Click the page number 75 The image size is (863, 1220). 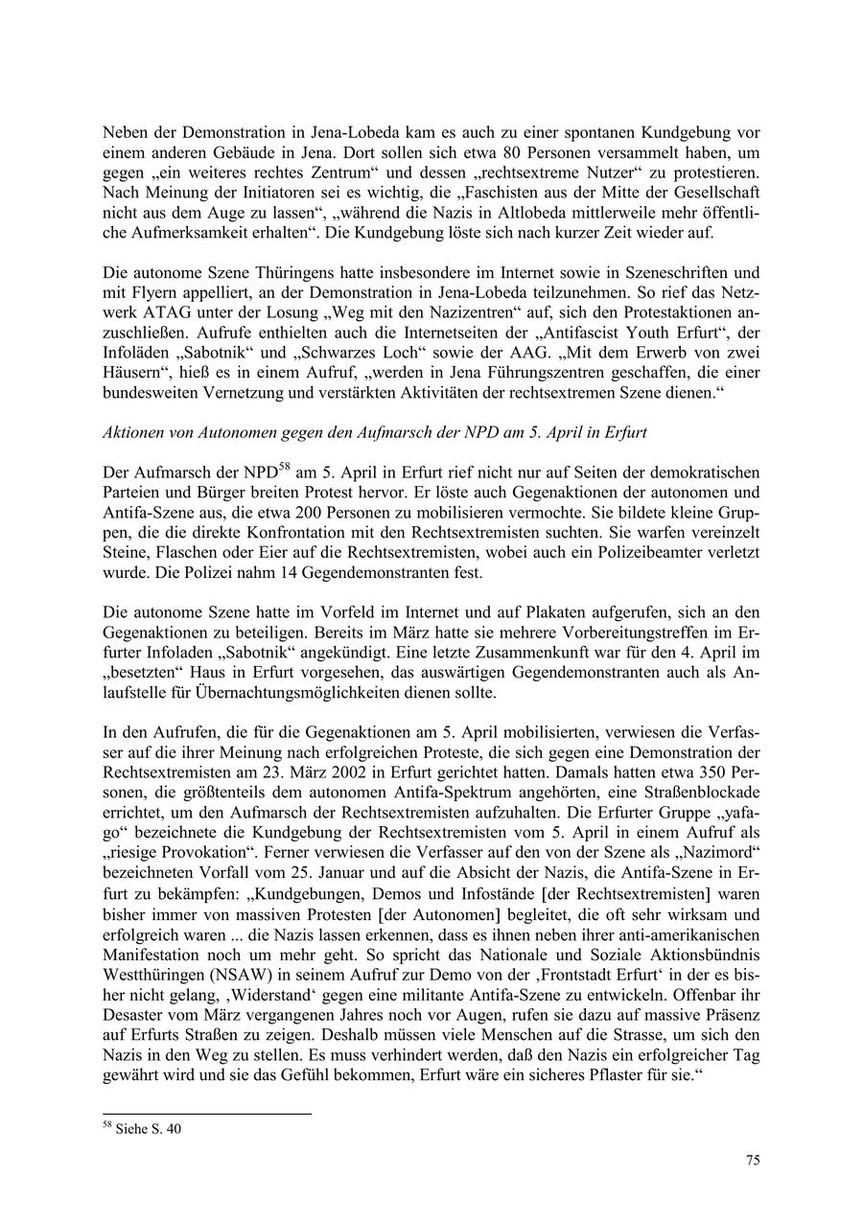pos(753,1161)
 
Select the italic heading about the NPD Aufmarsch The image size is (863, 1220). pos(374,432)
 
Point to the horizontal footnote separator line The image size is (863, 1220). pos(206,1115)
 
